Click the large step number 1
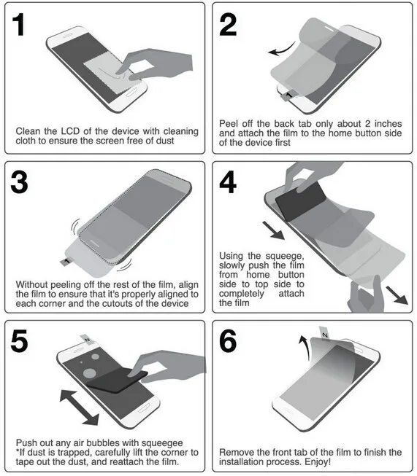point(19,25)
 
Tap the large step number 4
point(228,182)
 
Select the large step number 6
point(228,341)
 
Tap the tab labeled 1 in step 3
point(66,262)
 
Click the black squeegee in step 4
point(300,201)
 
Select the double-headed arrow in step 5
point(80,407)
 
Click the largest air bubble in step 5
point(90,373)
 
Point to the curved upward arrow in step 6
point(304,348)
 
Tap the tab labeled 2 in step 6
point(324,335)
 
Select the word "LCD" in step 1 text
point(72,131)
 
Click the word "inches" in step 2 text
point(388,123)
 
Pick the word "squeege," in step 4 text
point(285,256)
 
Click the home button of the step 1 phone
point(131,93)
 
